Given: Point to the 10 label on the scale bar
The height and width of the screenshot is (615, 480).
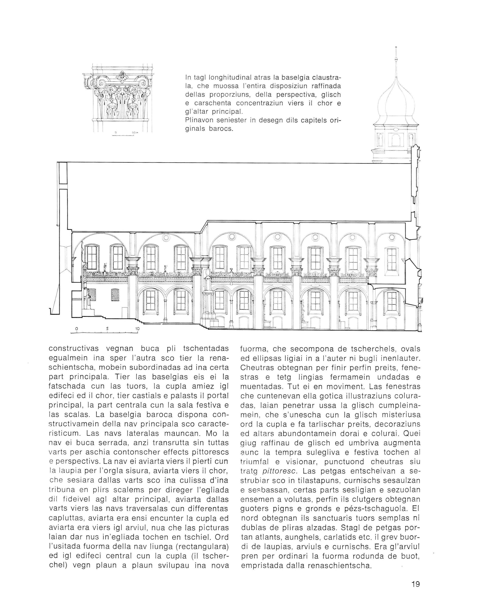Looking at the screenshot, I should (x=138, y=329).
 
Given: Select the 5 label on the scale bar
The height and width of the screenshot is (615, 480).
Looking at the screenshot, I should (x=108, y=329).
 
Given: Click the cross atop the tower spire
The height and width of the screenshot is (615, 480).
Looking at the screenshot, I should (x=396, y=48).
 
